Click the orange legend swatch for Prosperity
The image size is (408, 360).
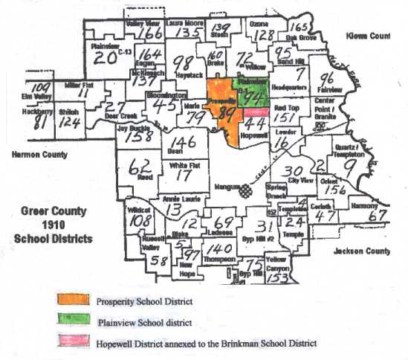pos(73,300)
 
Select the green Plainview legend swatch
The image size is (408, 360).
pos(73,321)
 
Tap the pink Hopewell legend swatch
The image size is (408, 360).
pos(73,343)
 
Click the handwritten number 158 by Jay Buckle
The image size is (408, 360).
pos(135,138)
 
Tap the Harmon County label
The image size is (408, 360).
pos(35,155)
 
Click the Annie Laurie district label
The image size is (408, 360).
pos(178,199)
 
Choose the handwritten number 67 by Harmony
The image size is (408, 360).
pos(379,215)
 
